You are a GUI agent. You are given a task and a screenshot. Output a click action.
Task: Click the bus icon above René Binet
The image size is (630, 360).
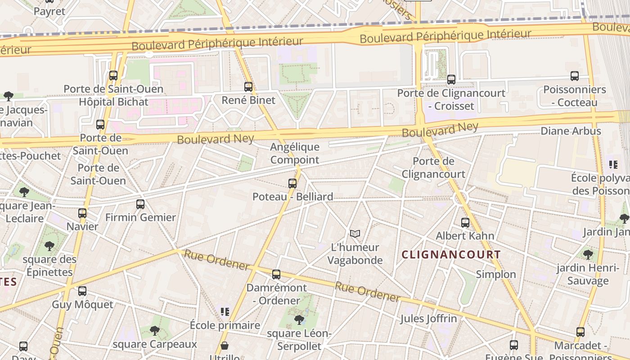tap(248, 87)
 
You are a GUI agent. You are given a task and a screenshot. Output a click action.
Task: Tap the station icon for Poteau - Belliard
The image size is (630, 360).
tap(292, 184)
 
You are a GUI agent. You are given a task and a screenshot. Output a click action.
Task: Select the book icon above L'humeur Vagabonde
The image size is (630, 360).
tap(355, 234)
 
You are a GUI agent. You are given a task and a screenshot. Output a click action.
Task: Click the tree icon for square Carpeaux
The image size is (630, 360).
tap(154, 331)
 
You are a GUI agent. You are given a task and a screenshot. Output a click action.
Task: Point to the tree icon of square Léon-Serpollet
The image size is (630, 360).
tap(299, 320)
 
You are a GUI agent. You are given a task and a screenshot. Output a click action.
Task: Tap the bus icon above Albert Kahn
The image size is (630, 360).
tap(465, 222)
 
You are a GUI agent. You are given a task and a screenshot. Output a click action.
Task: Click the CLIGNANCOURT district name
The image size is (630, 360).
tap(451, 255)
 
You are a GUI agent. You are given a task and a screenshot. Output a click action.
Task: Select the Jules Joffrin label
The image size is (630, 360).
tap(428, 319)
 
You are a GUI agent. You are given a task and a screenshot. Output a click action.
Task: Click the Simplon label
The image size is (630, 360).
tap(496, 274)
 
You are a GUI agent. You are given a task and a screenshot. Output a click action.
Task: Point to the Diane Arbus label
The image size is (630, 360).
tap(571, 131)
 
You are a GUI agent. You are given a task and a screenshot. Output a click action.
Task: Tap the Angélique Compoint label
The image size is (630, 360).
tap(295, 153)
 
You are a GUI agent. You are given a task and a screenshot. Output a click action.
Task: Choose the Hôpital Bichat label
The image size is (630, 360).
tap(113, 102)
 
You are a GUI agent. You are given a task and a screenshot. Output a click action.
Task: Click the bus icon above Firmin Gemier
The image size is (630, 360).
tap(140, 204)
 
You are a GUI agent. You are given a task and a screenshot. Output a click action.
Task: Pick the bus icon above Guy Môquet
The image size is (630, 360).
tap(82, 291)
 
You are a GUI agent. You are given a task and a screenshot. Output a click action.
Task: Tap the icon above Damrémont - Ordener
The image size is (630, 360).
tap(276, 274)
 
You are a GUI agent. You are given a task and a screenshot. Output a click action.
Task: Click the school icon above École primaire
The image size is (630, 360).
tap(225, 311)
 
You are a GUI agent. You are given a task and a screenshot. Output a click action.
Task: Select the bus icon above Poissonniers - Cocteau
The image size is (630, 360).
tap(575, 76)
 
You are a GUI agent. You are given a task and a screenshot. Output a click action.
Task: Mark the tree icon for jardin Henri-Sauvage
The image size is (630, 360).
tap(588, 255)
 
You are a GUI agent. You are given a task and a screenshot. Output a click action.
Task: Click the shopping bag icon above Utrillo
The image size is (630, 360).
tap(224, 346)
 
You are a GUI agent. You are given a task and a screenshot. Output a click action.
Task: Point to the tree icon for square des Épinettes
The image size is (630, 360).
tap(49, 246)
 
